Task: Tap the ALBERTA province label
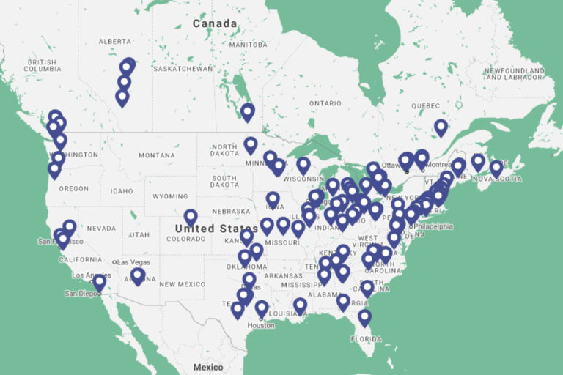114,42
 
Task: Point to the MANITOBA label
248,45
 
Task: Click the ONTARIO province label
325,103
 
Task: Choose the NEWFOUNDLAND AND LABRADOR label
514,74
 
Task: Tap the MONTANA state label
157,155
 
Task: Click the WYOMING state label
170,196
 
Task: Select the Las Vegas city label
133,262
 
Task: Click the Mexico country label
208,366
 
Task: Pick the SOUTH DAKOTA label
224,181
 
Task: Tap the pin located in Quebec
441,128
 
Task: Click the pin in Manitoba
248,112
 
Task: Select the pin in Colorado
191,218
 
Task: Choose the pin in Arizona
138,276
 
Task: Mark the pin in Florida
364,318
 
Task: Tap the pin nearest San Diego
100,282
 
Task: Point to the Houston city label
260,325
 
